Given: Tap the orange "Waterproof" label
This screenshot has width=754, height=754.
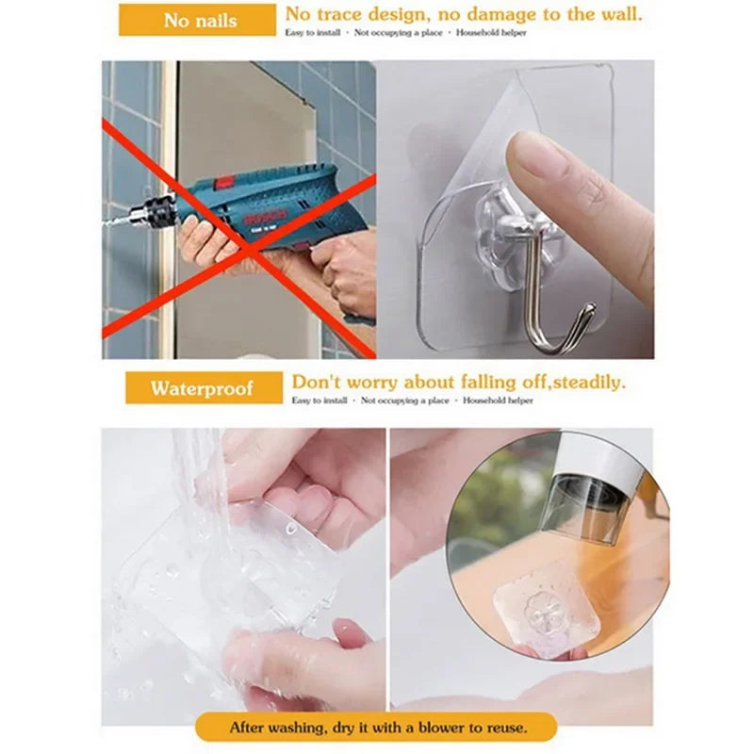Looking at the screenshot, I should [203, 388].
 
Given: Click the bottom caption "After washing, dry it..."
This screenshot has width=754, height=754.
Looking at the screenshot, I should [377, 728].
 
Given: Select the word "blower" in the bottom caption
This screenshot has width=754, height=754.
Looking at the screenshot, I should [433, 728].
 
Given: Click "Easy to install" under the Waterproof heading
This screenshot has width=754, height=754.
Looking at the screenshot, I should [318, 401].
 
